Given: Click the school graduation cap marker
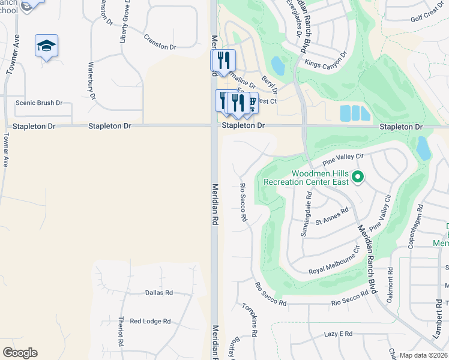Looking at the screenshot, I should pos(47,46).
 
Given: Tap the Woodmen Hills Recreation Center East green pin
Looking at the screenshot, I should pos(358,176).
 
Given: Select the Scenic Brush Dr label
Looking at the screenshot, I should pos(39,103).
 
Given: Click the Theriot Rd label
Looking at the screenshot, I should pos(121,340).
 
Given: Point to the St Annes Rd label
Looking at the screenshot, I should pos(332,216).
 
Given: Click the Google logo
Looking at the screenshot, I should pos(20,352).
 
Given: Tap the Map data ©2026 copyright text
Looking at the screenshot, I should pos(423,355).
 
